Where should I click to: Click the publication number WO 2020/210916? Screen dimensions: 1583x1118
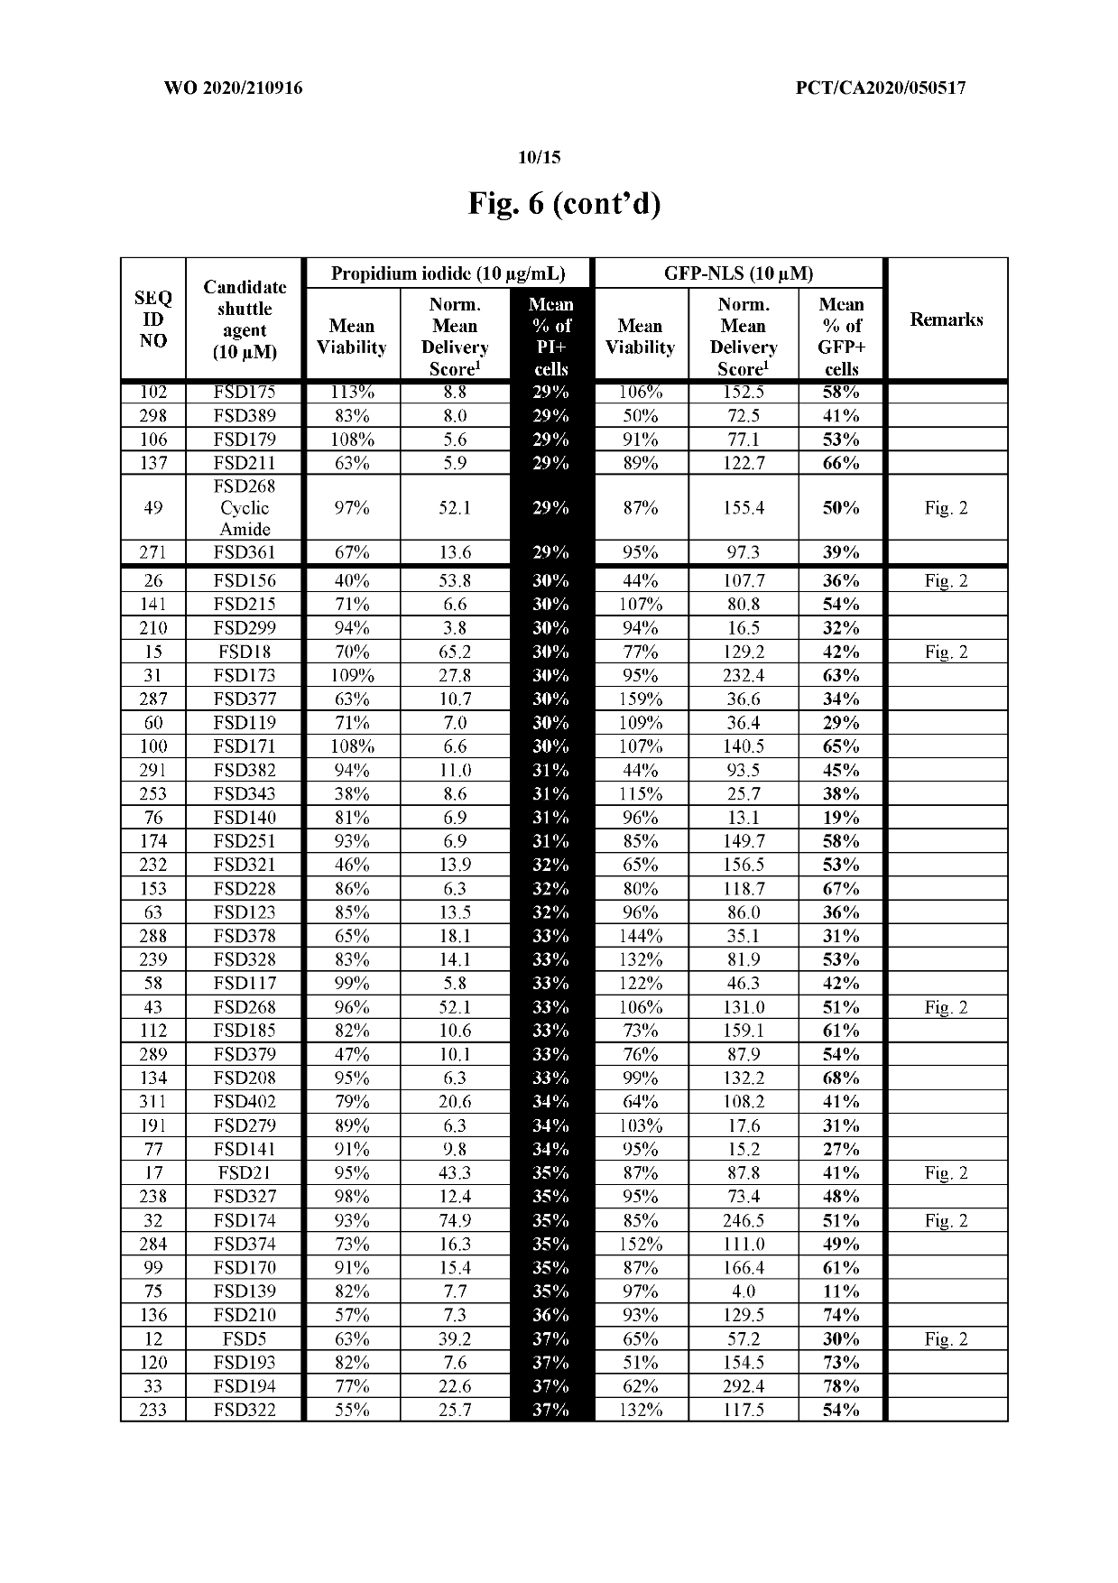click(x=234, y=88)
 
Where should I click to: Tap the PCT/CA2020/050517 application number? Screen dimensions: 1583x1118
click(x=881, y=88)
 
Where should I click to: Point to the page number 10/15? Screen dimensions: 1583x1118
click(x=539, y=158)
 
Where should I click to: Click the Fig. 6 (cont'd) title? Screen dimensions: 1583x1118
click(x=564, y=204)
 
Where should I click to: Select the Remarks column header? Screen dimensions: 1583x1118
click(x=946, y=319)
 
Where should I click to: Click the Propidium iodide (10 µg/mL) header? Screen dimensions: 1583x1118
click(x=448, y=273)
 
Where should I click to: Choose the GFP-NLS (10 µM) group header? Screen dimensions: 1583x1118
click(x=738, y=273)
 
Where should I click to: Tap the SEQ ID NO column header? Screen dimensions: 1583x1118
click(x=153, y=319)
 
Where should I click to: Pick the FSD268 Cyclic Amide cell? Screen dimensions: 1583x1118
click(x=245, y=508)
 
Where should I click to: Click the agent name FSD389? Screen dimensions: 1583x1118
click(x=245, y=416)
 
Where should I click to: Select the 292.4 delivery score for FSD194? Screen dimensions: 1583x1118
click(x=743, y=1386)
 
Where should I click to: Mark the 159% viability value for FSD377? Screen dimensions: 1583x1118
click(x=641, y=699)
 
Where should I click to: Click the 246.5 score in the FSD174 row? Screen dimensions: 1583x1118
click(x=743, y=1221)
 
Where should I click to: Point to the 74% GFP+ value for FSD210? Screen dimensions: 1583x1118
click(x=841, y=1315)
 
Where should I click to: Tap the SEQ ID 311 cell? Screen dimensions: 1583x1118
click(x=153, y=1102)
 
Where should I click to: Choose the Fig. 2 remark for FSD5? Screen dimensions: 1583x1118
click(x=946, y=1339)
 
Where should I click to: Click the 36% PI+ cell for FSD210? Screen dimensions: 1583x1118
click(x=550, y=1315)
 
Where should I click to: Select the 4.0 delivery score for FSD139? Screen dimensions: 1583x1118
click(x=743, y=1291)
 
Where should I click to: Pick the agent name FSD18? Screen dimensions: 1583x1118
click(x=245, y=653)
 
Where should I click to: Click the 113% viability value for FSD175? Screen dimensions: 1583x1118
click(x=352, y=393)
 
